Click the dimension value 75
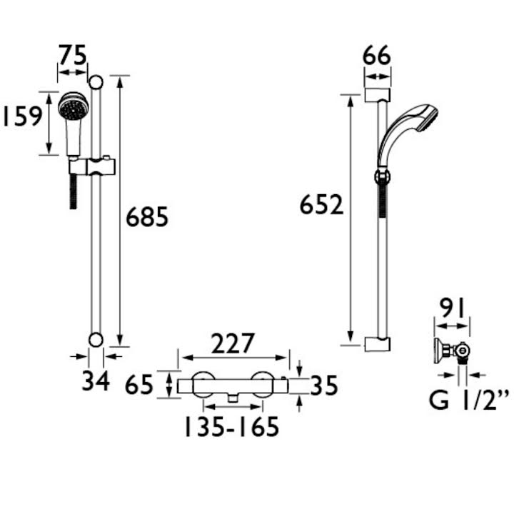coord(72,55)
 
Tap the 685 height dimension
coord(147,216)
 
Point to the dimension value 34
coord(95,381)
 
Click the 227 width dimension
coord(233,343)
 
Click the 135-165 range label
coord(228,427)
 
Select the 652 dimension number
coord(322,205)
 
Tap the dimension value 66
coord(377,55)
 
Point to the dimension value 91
coord(452,309)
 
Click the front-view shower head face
coord(71,109)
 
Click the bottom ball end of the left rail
coord(96,338)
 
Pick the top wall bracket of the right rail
coord(377,95)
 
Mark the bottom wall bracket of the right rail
coord(377,344)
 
